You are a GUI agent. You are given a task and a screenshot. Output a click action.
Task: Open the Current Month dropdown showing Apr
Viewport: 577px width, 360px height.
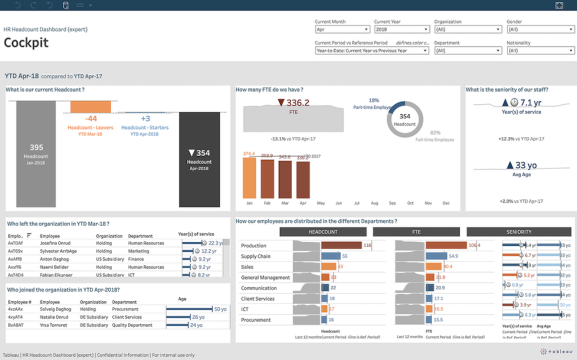click(x=342, y=29)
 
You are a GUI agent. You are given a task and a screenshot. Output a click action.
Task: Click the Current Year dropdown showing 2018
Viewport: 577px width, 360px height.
click(x=402, y=29)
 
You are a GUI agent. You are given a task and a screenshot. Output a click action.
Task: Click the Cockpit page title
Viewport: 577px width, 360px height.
click(x=26, y=42)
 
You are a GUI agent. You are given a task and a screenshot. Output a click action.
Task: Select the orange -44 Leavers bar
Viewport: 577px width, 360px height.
click(x=90, y=106)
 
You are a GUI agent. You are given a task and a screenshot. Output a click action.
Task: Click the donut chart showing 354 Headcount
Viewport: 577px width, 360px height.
click(x=404, y=119)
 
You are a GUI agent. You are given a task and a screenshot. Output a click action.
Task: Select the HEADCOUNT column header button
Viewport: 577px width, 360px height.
click(x=323, y=232)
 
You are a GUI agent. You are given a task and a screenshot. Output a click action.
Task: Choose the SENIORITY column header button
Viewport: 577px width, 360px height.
click(x=518, y=232)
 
